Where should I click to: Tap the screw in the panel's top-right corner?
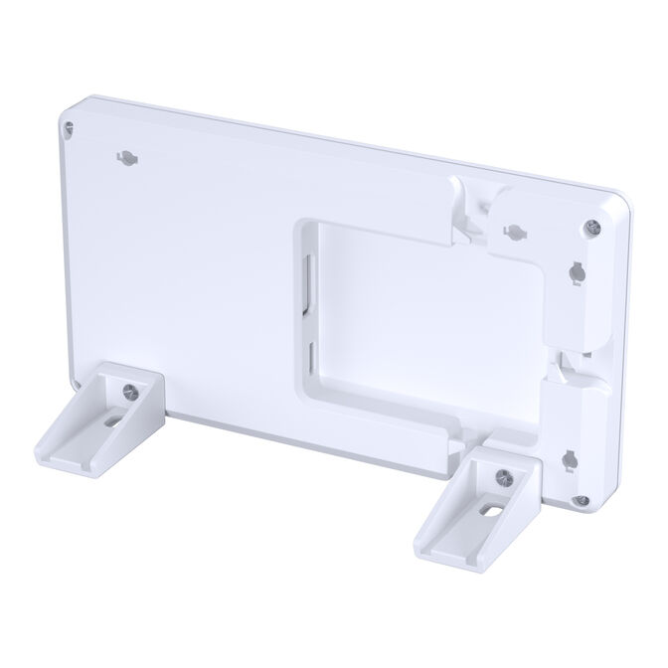click(592, 227)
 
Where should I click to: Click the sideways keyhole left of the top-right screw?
click(511, 232)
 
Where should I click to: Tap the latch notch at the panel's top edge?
click(467, 204)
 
